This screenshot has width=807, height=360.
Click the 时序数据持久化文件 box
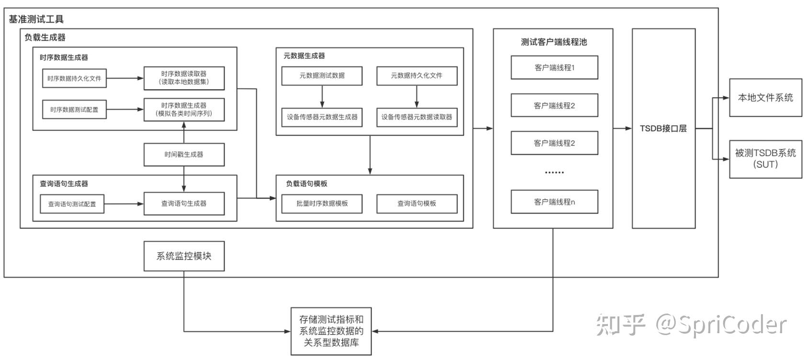[74, 79]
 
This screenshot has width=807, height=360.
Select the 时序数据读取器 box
[184, 78]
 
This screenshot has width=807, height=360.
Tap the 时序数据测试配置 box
[74, 110]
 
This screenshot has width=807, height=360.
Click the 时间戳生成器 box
[184, 155]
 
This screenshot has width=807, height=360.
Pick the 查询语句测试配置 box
[72, 204]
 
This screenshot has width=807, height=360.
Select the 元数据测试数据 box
[322, 76]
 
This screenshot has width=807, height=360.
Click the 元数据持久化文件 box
[416, 76]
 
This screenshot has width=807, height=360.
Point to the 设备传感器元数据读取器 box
[416, 117]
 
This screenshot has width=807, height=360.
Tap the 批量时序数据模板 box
[322, 203]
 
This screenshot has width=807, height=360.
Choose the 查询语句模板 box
[416, 203]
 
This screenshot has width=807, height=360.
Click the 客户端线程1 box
[554, 67]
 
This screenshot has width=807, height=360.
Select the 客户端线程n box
[554, 202]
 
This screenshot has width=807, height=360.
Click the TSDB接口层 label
[663, 128]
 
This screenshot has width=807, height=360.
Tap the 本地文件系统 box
[765, 98]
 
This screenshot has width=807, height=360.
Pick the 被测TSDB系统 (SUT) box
[765, 158]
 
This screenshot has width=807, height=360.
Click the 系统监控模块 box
[184, 256]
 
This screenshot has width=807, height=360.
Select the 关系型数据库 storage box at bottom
[331, 331]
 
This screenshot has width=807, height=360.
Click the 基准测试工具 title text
[36, 19]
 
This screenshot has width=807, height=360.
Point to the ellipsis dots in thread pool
[554, 172]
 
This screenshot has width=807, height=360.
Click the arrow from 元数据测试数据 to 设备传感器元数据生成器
[322, 96]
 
